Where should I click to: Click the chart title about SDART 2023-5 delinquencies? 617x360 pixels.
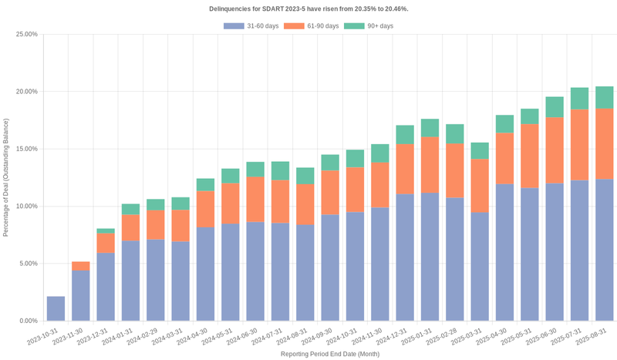[308, 8]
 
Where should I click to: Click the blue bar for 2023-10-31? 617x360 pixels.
[56, 308]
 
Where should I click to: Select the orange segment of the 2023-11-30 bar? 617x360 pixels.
[81, 266]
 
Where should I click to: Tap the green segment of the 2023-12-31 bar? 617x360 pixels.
[106, 230]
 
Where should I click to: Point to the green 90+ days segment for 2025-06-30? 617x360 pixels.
[555, 107]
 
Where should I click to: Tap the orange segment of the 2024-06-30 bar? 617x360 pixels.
[255, 200]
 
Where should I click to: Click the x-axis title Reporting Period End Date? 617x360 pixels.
[329, 354]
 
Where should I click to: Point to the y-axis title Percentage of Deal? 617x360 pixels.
[7, 177]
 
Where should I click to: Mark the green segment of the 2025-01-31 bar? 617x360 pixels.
[430, 128]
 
